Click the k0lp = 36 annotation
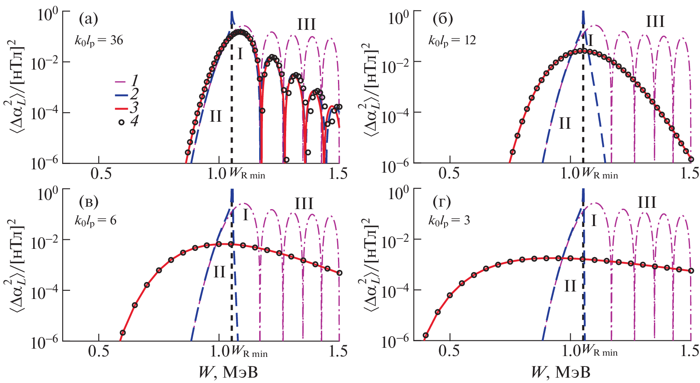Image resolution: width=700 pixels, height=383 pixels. pos(99,41)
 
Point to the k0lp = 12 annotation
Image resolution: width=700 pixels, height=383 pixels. pos(452,41)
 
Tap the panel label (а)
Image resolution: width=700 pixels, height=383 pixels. pos(88,19)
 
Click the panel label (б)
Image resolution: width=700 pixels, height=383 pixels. pos(442,19)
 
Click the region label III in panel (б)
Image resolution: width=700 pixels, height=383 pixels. pos(655,22)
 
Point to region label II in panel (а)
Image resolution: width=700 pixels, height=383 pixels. pos(216,116)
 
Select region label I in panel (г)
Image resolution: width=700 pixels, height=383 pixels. pos(593,221)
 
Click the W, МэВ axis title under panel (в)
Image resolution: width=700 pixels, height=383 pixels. pos(228,372)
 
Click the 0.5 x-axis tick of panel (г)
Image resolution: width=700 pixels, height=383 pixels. pos(450,352)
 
